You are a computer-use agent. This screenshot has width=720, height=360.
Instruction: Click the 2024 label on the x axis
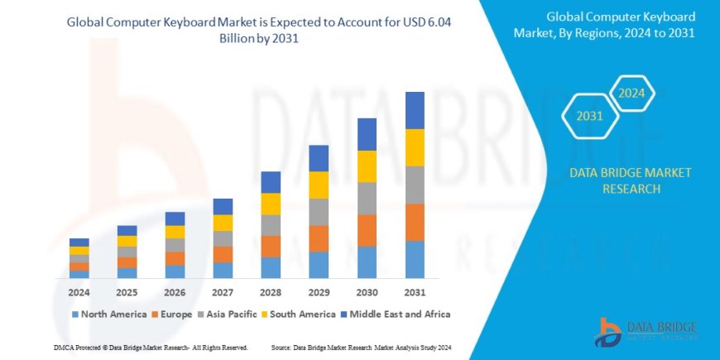[x=79, y=293]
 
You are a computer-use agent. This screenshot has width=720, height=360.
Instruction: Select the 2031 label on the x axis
[x=415, y=293]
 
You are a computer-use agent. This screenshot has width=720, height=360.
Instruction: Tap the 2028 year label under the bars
[x=271, y=293]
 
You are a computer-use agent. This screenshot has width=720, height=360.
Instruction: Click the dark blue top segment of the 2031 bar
[x=415, y=110]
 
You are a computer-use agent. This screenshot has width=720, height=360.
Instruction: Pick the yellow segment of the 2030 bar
[x=367, y=166]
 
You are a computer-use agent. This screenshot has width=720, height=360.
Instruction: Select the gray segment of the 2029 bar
[x=319, y=212]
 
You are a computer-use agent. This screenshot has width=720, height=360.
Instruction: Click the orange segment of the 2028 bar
[x=271, y=246]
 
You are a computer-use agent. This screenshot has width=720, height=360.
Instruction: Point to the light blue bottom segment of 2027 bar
[x=223, y=270]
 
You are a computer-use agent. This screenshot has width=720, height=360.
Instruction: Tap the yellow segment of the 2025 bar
[x=127, y=241]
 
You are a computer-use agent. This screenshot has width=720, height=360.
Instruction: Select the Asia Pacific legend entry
[x=228, y=314]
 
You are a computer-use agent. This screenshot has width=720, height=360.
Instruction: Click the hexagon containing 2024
[x=632, y=93]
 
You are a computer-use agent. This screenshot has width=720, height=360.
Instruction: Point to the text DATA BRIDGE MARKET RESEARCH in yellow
[x=619, y=180]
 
